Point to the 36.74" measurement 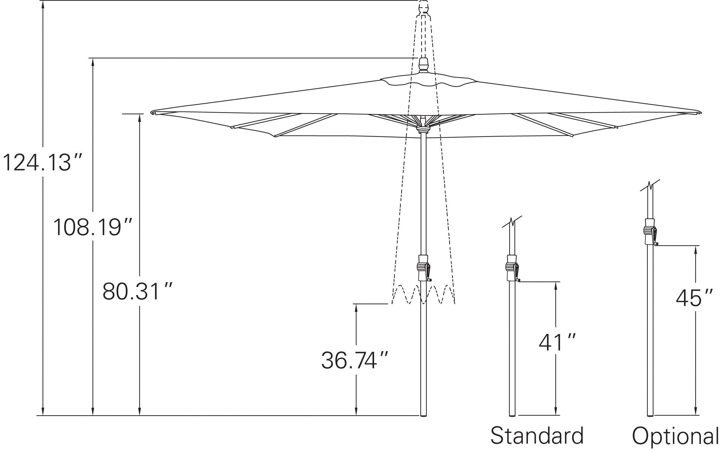(355, 360)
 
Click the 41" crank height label (557, 343)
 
